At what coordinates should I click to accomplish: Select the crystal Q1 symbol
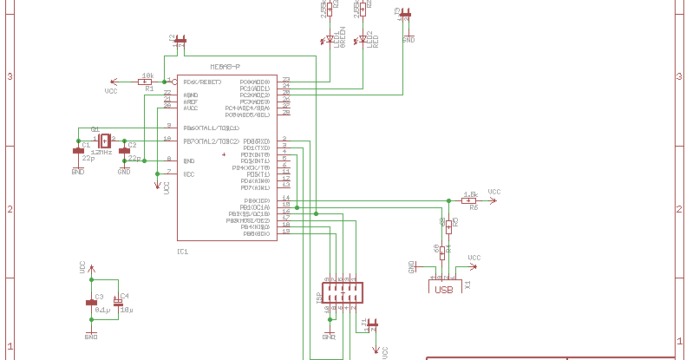(x=105, y=140)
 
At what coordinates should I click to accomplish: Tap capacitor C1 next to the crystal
(x=77, y=151)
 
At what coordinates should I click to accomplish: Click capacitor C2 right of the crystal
(x=124, y=151)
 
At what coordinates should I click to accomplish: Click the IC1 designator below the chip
(x=182, y=252)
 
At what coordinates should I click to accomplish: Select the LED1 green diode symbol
(x=330, y=39)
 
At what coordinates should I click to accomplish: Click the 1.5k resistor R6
(x=469, y=200)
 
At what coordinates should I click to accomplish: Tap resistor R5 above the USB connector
(x=442, y=225)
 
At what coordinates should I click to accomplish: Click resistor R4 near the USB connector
(x=442, y=252)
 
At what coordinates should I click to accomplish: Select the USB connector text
(x=444, y=290)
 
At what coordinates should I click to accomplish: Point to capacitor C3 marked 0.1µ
(x=91, y=302)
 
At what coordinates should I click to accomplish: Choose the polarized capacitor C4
(x=117, y=303)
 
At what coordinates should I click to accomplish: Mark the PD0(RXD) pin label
(x=256, y=141)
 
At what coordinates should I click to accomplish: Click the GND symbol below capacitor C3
(x=91, y=331)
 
